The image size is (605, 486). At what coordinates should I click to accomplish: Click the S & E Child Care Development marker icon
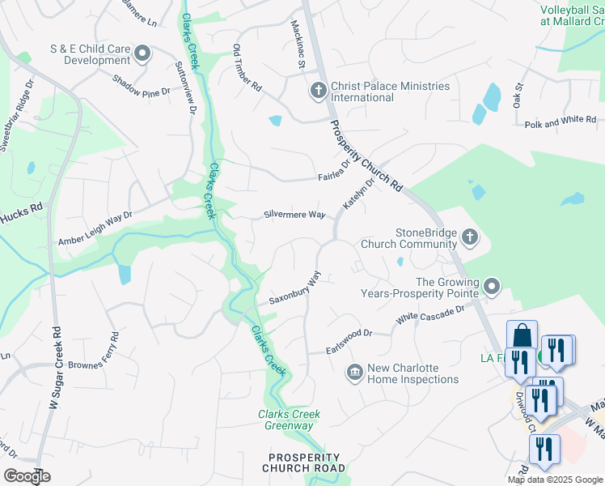tap(143, 54)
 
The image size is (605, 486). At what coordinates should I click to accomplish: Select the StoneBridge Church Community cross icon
tap(471, 237)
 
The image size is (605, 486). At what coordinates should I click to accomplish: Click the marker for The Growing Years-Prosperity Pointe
tap(492, 286)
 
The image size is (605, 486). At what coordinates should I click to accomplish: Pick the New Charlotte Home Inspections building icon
tap(354, 373)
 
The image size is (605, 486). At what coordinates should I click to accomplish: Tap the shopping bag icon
tap(522, 335)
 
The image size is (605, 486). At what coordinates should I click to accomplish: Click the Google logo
tap(26, 476)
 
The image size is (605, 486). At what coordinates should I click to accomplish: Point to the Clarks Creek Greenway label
tap(289, 420)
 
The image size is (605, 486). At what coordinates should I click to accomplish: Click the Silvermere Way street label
tap(294, 215)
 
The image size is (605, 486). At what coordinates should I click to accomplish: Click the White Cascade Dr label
tap(430, 315)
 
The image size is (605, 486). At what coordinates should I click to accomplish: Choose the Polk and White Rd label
tap(561, 120)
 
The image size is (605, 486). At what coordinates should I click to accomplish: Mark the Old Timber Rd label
tap(247, 67)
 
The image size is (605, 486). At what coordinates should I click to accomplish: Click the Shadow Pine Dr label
tap(142, 87)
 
